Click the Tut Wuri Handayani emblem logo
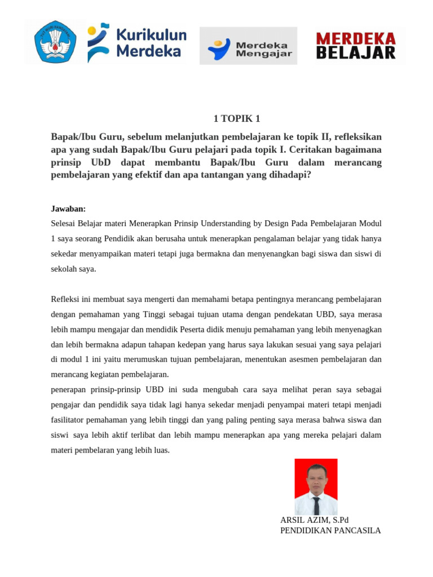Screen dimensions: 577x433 pos(55,42)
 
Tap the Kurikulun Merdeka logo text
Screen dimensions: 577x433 pos(151,44)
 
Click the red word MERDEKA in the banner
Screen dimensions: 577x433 pos(356,39)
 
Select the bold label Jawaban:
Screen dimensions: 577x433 pos(68,208)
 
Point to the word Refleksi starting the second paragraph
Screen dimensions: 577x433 pos(66,299)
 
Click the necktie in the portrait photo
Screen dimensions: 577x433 pos(316,504)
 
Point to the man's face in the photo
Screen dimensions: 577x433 pos(316,477)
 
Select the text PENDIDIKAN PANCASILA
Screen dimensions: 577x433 pos(330,530)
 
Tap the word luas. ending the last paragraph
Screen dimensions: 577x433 pos(160,450)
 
